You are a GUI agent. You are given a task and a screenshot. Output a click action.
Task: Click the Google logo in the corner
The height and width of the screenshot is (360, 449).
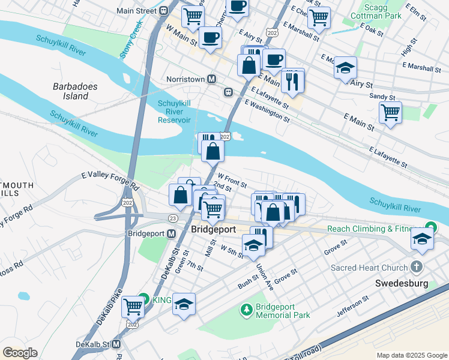20,353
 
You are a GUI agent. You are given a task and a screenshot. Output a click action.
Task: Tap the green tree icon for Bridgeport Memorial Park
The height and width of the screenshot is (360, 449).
246,310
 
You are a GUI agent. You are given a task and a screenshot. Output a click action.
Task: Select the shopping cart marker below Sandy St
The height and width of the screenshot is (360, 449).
390,112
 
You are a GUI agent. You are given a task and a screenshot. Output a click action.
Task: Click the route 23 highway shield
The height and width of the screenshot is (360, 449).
173,218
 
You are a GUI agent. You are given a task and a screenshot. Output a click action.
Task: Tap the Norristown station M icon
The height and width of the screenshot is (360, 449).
211,79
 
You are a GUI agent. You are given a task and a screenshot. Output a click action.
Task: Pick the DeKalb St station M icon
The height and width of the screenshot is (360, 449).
116,344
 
